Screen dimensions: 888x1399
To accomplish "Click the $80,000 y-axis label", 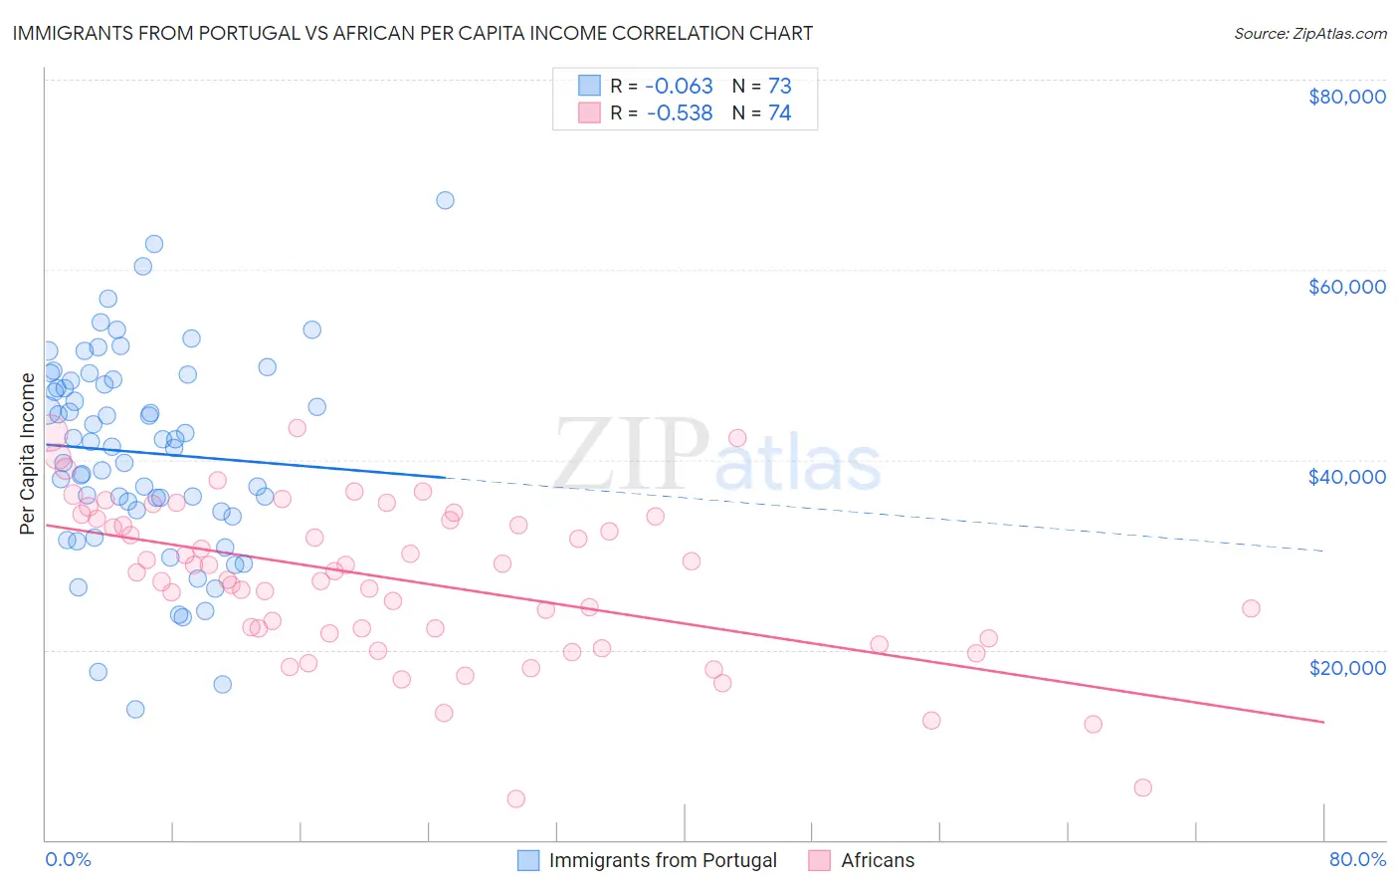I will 1346,97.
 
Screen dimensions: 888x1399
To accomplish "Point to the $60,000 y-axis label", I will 1346,287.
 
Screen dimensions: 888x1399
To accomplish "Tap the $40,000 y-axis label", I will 1346,477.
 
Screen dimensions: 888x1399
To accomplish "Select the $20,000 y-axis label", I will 1346,667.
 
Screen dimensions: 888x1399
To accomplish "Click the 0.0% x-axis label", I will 68,859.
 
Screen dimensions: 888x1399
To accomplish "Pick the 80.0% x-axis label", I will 1357,859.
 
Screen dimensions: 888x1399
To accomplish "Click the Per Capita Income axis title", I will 28,453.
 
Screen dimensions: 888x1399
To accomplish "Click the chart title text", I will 413,33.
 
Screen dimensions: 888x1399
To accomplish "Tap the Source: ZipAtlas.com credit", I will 1309,33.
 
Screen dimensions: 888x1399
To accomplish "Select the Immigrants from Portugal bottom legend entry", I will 663,860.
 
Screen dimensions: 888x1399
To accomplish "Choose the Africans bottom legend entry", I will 877,860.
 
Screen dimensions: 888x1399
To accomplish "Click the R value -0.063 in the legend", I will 680,87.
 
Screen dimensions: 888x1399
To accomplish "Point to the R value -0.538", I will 680,113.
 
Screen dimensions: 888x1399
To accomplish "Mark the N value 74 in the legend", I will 779,113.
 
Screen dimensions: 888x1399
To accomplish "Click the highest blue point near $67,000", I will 445,200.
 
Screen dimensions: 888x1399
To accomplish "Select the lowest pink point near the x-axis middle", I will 515,798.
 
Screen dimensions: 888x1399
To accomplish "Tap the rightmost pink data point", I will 1251,608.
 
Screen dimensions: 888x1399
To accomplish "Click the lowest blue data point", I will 135,709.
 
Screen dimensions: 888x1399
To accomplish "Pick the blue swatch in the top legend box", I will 589,86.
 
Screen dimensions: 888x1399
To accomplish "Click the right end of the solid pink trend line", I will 1323,722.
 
